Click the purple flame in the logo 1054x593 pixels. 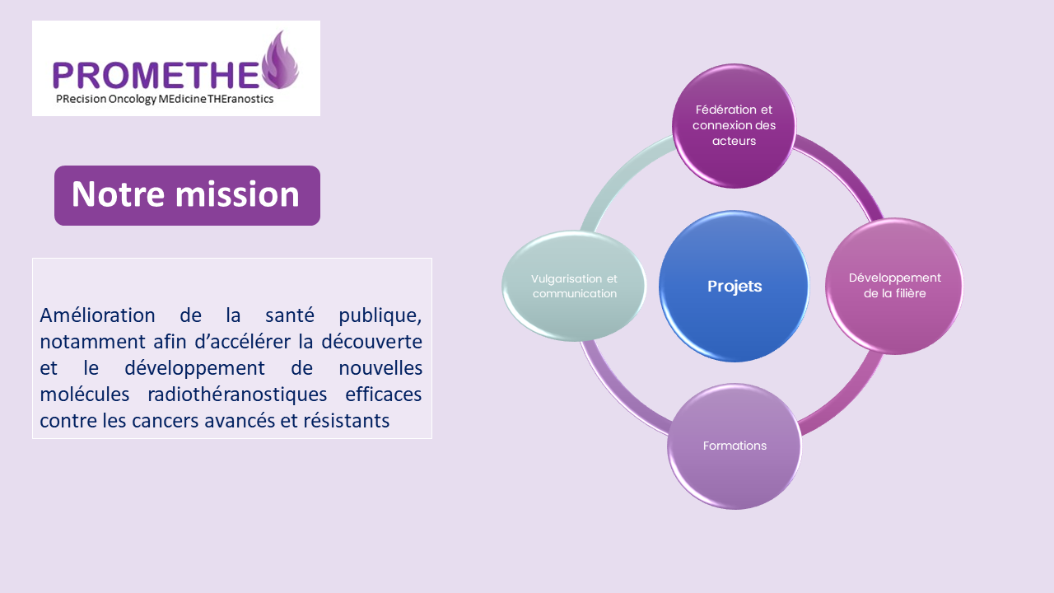(281, 60)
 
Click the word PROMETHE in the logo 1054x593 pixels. (156, 75)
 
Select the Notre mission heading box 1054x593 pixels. (187, 195)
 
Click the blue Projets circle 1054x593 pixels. (734, 286)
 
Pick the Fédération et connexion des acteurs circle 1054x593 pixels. (734, 126)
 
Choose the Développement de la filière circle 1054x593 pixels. (894, 286)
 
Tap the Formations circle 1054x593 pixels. (734, 446)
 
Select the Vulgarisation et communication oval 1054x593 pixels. (574, 286)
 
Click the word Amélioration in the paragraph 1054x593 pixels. (97, 315)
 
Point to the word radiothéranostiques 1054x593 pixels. (237, 395)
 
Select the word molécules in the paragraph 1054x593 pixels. (84, 394)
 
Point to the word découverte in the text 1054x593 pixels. (371, 341)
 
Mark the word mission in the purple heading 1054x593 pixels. (238, 194)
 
